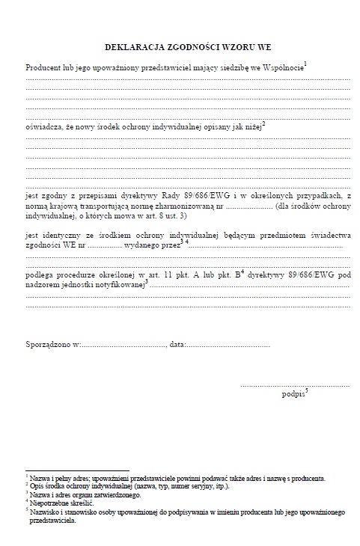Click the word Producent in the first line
[x=43, y=68]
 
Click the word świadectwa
[x=326, y=235]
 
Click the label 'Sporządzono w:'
[x=52, y=346]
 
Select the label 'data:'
[x=177, y=346]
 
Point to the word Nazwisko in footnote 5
[x=46, y=512]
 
